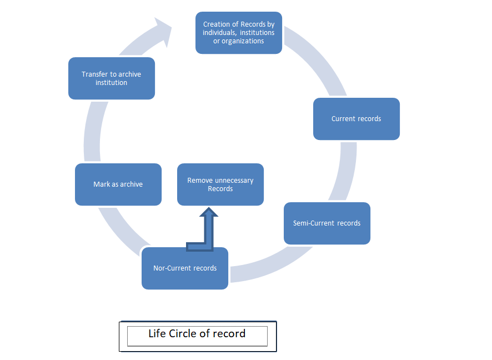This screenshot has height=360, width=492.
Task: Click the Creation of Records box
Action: coord(239,33)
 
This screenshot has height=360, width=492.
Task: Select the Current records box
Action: coord(356,119)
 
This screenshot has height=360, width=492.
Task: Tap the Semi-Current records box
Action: coord(327,223)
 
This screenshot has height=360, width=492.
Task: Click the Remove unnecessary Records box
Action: coord(220,184)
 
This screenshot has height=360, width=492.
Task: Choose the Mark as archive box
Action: coord(118,184)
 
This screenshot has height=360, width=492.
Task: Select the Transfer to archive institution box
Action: coord(111,78)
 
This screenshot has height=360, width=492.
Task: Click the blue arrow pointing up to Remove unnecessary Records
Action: coord(208,228)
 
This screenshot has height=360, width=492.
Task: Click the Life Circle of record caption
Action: coord(197,334)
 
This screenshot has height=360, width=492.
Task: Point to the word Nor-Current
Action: coord(172,268)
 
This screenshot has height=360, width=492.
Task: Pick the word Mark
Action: coord(102,184)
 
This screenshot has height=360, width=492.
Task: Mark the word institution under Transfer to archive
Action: coord(111,83)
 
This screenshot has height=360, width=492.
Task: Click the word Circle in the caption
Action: coord(183,334)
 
